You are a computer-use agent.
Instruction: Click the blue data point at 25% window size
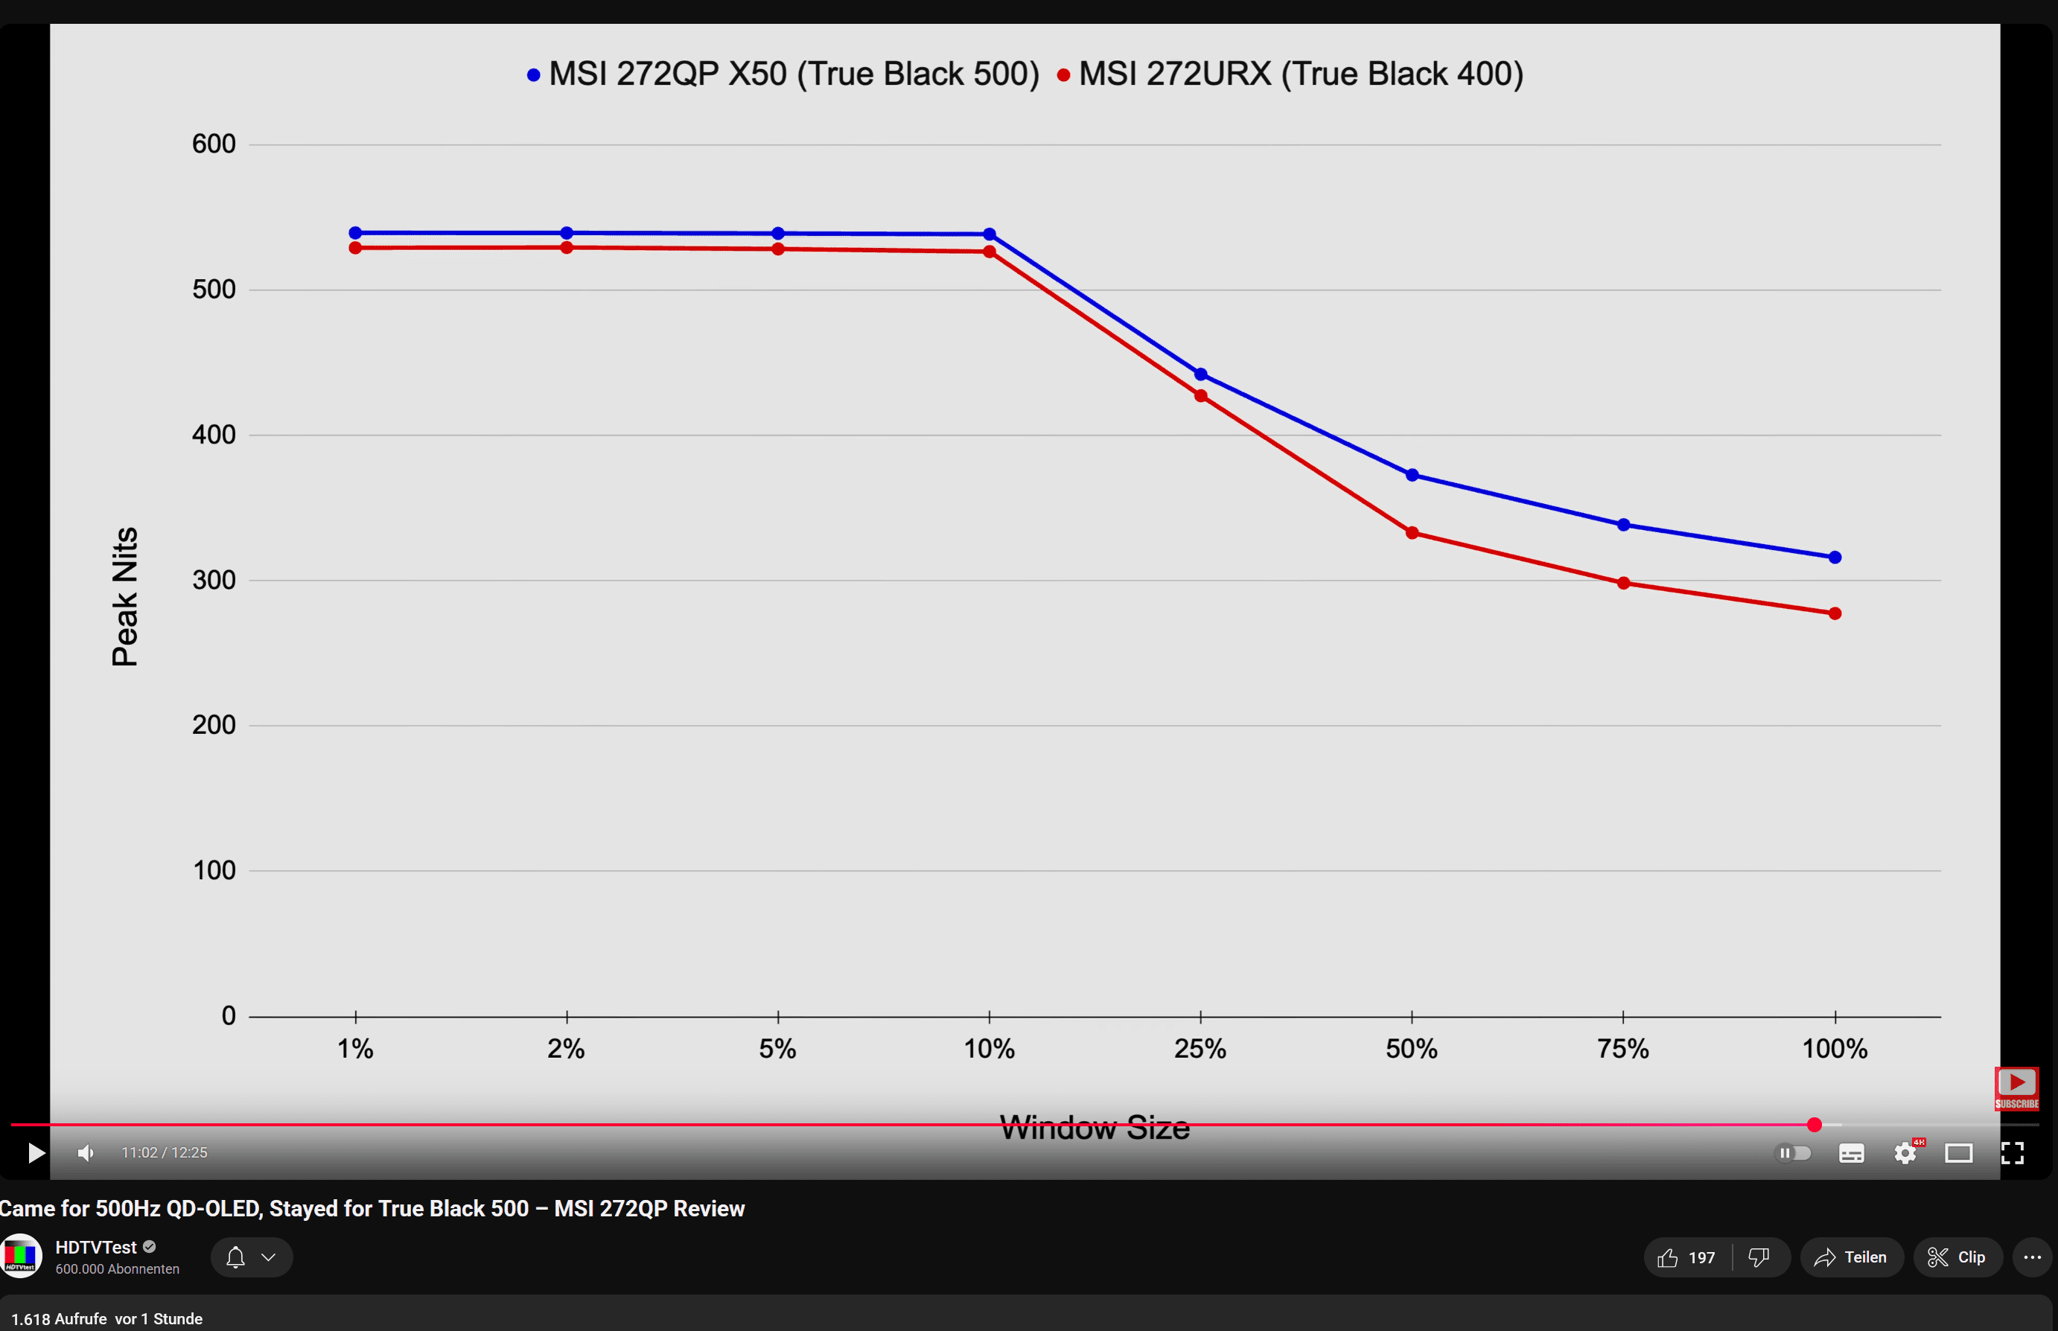point(1200,374)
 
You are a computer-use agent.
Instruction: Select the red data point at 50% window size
point(1412,532)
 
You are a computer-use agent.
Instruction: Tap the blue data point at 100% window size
point(1834,558)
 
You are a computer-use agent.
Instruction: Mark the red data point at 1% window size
point(355,248)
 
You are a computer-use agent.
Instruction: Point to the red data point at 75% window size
point(1623,584)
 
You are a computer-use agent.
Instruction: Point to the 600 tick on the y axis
point(214,144)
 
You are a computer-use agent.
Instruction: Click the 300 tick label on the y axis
point(214,580)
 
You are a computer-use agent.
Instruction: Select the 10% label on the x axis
point(989,1050)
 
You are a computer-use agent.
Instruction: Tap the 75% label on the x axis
point(1622,1050)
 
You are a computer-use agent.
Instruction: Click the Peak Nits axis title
point(125,596)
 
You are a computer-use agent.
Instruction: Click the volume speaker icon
point(86,1153)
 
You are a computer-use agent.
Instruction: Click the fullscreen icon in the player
point(2012,1153)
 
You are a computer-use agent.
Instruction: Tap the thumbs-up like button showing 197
point(1686,1257)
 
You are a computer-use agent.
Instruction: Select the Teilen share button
point(1852,1257)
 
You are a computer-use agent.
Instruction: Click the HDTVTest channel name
point(96,1247)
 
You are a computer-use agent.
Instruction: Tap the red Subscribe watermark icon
point(2016,1088)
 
